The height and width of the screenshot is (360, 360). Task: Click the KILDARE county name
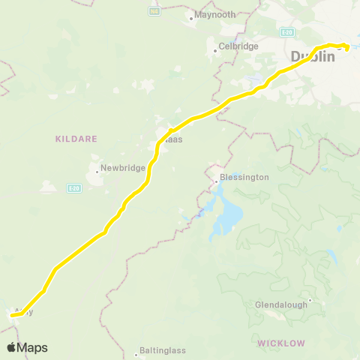click(71, 138)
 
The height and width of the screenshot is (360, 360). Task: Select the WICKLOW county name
click(281, 343)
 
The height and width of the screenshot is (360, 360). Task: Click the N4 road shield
click(154, 11)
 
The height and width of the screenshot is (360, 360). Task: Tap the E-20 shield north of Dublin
click(287, 32)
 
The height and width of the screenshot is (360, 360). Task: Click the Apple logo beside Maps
click(12, 347)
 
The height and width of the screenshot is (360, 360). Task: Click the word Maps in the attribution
click(32, 347)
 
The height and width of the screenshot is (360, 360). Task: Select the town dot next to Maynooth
click(191, 16)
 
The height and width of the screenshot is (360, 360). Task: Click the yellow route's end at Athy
click(12, 316)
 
